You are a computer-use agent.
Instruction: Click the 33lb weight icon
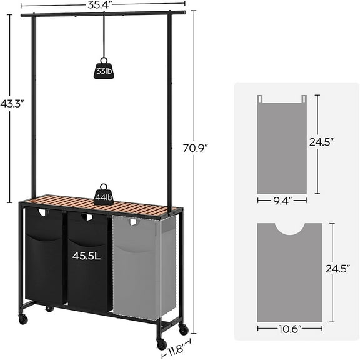coord(104,71)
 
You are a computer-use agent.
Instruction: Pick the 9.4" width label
coord(281,201)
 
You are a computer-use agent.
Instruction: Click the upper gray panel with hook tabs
coord(281,147)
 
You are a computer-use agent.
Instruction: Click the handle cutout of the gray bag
coord(132,221)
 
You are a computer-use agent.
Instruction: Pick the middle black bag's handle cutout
coord(88,218)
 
